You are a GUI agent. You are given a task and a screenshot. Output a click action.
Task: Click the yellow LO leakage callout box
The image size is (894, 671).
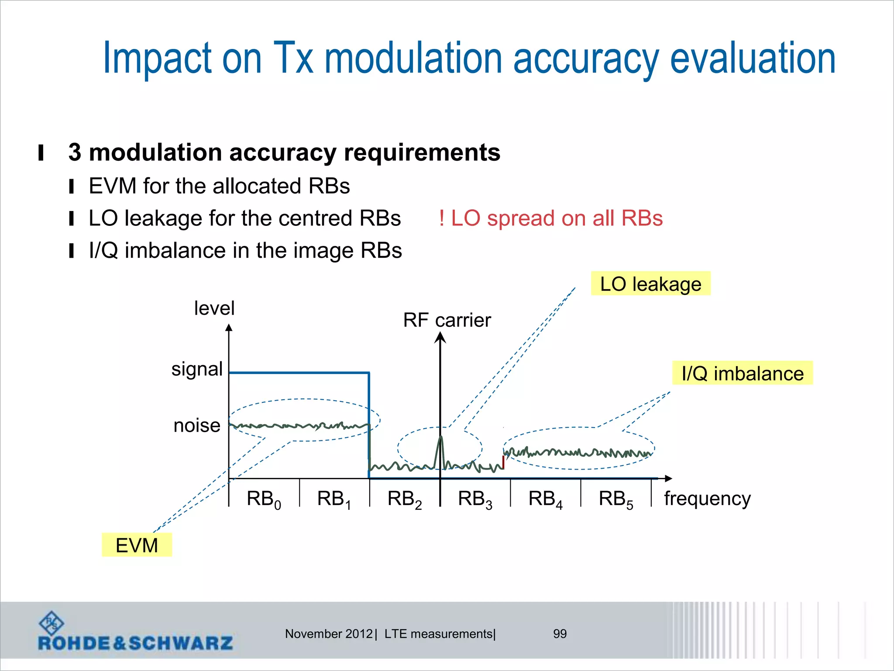coord(650,284)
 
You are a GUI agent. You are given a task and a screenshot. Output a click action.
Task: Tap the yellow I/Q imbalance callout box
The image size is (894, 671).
coord(742,373)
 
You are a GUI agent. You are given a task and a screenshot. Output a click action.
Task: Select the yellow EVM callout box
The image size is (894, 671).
coord(137,545)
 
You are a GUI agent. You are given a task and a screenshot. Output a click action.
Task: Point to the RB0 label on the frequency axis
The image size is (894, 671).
coord(264,499)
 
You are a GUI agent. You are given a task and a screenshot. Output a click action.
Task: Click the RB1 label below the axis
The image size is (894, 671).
coord(334,499)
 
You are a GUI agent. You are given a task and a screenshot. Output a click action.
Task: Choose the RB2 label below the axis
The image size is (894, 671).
coord(405,499)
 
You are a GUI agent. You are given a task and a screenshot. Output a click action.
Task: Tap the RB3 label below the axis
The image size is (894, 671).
coord(475,499)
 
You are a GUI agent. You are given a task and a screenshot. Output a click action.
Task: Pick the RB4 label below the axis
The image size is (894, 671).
coord(545,499)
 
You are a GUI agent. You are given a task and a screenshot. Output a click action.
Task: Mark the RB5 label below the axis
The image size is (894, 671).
coord(615,499)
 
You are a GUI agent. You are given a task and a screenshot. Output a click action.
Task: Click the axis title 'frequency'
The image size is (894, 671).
coord(707,498)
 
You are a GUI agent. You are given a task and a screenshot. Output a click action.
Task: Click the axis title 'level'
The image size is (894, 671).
coord(214,308)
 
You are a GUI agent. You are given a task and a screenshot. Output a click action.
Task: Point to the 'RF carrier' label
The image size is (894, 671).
coord(447,320)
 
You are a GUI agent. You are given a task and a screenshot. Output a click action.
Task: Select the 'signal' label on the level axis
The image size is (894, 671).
coord(197,369)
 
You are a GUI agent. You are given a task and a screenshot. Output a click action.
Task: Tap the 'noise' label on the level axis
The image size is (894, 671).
coord(197,425)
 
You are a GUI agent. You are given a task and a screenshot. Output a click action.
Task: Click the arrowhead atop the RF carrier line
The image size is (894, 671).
coord(440,337)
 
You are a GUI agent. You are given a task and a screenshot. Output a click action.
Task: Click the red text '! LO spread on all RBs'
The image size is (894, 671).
coord(551,218)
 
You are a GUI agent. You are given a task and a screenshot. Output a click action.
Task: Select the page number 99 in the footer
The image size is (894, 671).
coord(560,633)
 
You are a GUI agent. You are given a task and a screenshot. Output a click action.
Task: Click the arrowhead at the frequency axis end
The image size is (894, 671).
coord(667,479)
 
